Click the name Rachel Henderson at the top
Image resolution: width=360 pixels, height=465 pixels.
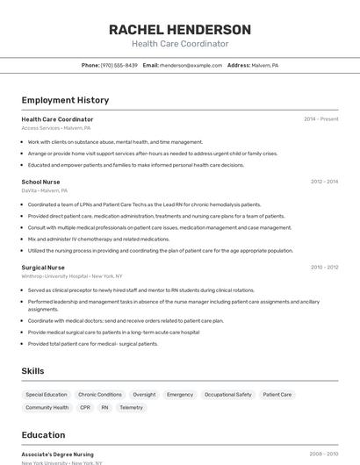point(180,30)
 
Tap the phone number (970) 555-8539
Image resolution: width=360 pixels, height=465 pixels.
point(119,65)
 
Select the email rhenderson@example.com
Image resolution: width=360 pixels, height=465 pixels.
point(191,65)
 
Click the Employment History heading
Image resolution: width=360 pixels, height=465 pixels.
point(65,100)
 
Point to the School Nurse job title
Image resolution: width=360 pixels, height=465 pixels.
point(40,182)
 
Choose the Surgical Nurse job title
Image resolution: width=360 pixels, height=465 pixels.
point(43,267)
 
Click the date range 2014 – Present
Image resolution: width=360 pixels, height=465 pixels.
point(320,119)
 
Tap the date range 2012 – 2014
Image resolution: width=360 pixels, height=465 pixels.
point(324,182)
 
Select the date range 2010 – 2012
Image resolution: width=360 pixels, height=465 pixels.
point(324,267)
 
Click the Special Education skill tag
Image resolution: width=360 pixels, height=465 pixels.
point(47,395)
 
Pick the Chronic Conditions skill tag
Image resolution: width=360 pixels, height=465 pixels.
point(100,395)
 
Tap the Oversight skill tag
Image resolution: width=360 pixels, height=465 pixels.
point(144,395)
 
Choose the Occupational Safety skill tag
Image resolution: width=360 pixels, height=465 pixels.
point(227,395)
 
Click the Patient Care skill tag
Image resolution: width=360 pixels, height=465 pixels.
point(277,395)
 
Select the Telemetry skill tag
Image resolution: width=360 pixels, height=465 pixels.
point(131,408)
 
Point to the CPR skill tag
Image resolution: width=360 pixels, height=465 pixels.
point(85,408)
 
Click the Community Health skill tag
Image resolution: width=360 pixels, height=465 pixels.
point(47,408)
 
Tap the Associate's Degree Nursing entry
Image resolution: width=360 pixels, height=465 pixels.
point(57,454)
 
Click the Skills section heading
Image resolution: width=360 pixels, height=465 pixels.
point(32,371)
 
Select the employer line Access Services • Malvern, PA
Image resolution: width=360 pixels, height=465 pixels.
point(56,128)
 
